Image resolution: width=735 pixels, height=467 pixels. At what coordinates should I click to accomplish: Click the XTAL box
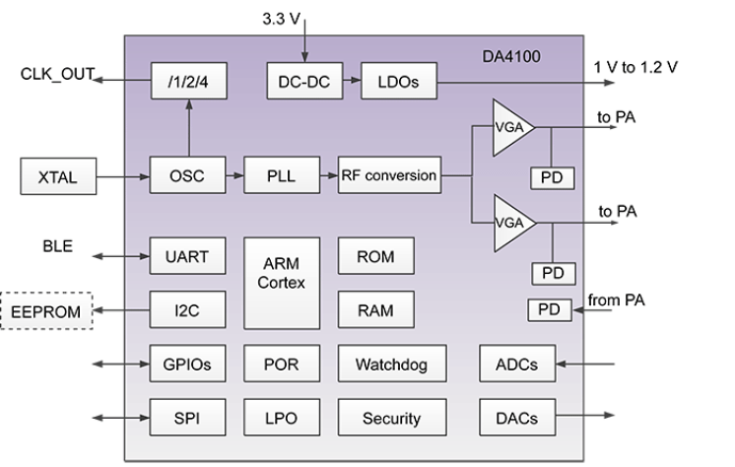58,178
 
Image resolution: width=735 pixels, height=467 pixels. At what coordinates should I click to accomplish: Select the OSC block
188,176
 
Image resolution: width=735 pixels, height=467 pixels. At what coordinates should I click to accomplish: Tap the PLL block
282,176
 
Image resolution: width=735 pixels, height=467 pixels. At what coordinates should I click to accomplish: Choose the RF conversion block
388,176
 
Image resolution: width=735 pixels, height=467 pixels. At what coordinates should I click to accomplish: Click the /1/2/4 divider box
188,82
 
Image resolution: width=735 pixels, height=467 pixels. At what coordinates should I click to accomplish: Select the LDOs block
397,82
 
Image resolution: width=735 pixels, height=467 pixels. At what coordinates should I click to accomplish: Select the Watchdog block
391,364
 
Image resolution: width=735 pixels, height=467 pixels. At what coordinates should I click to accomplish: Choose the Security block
391,418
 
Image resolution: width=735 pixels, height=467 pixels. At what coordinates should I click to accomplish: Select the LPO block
282,418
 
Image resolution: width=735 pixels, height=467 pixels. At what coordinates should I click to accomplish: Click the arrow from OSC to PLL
234,176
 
